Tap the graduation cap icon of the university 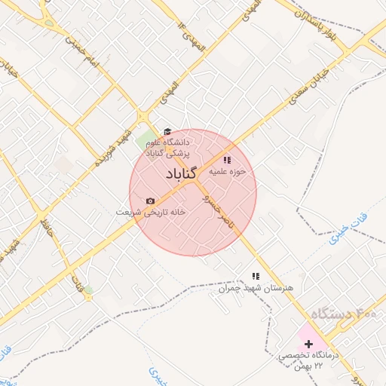[x=167, y=132]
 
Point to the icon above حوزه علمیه [x=227, y=160]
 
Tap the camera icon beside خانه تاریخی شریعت [x=150, y=201]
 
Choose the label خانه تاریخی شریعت [x=151, y=212]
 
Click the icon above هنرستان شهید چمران [x=255, y=277]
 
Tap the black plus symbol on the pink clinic [x=308, y=344]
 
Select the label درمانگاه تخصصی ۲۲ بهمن [x=309, y=359]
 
